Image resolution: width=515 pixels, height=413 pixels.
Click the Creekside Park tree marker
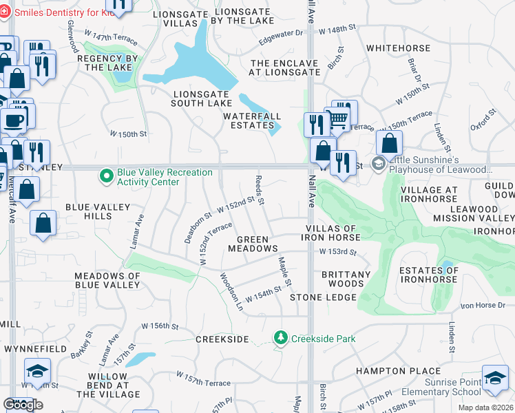pyautogui.click(x=280, y=338)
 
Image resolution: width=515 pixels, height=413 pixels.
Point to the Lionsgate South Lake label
pyautogui.click(x=202, y=98)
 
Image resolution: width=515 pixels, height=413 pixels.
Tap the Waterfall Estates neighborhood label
pyautogui.click(x=249, y=121)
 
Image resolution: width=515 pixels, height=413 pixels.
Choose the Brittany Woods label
pyautogui.click(x=342, y=279)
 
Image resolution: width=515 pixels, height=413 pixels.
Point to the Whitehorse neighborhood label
pyautogui.click(x=399, y=48)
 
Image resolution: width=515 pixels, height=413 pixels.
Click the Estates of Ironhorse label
pyautogui.click(x=428, y=274)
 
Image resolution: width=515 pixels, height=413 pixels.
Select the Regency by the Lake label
pyautogui.click(x=109, y=63)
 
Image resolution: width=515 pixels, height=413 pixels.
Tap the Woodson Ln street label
pyautogui.click(x=231, y=291)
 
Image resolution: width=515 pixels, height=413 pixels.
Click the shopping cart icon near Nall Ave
pyautogui.click(x=337, y=118)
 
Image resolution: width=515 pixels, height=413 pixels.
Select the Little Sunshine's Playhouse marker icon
pyautogui.click(x=378, y=164)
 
